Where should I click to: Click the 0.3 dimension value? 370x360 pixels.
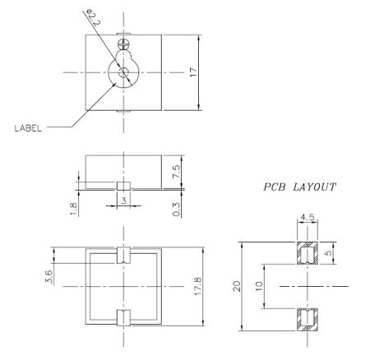point(176,208)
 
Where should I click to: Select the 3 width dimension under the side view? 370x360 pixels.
point(123,200)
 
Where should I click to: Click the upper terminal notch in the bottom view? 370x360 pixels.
point(123,253)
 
